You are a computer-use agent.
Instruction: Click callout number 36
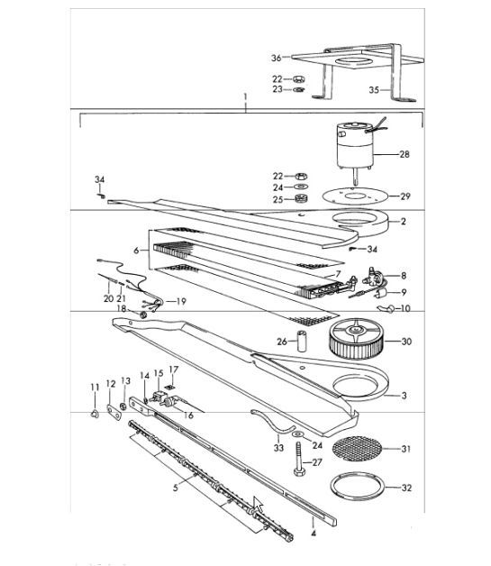(277, 59)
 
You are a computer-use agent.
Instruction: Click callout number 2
(403, 221)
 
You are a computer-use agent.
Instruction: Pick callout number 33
(278, 446)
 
